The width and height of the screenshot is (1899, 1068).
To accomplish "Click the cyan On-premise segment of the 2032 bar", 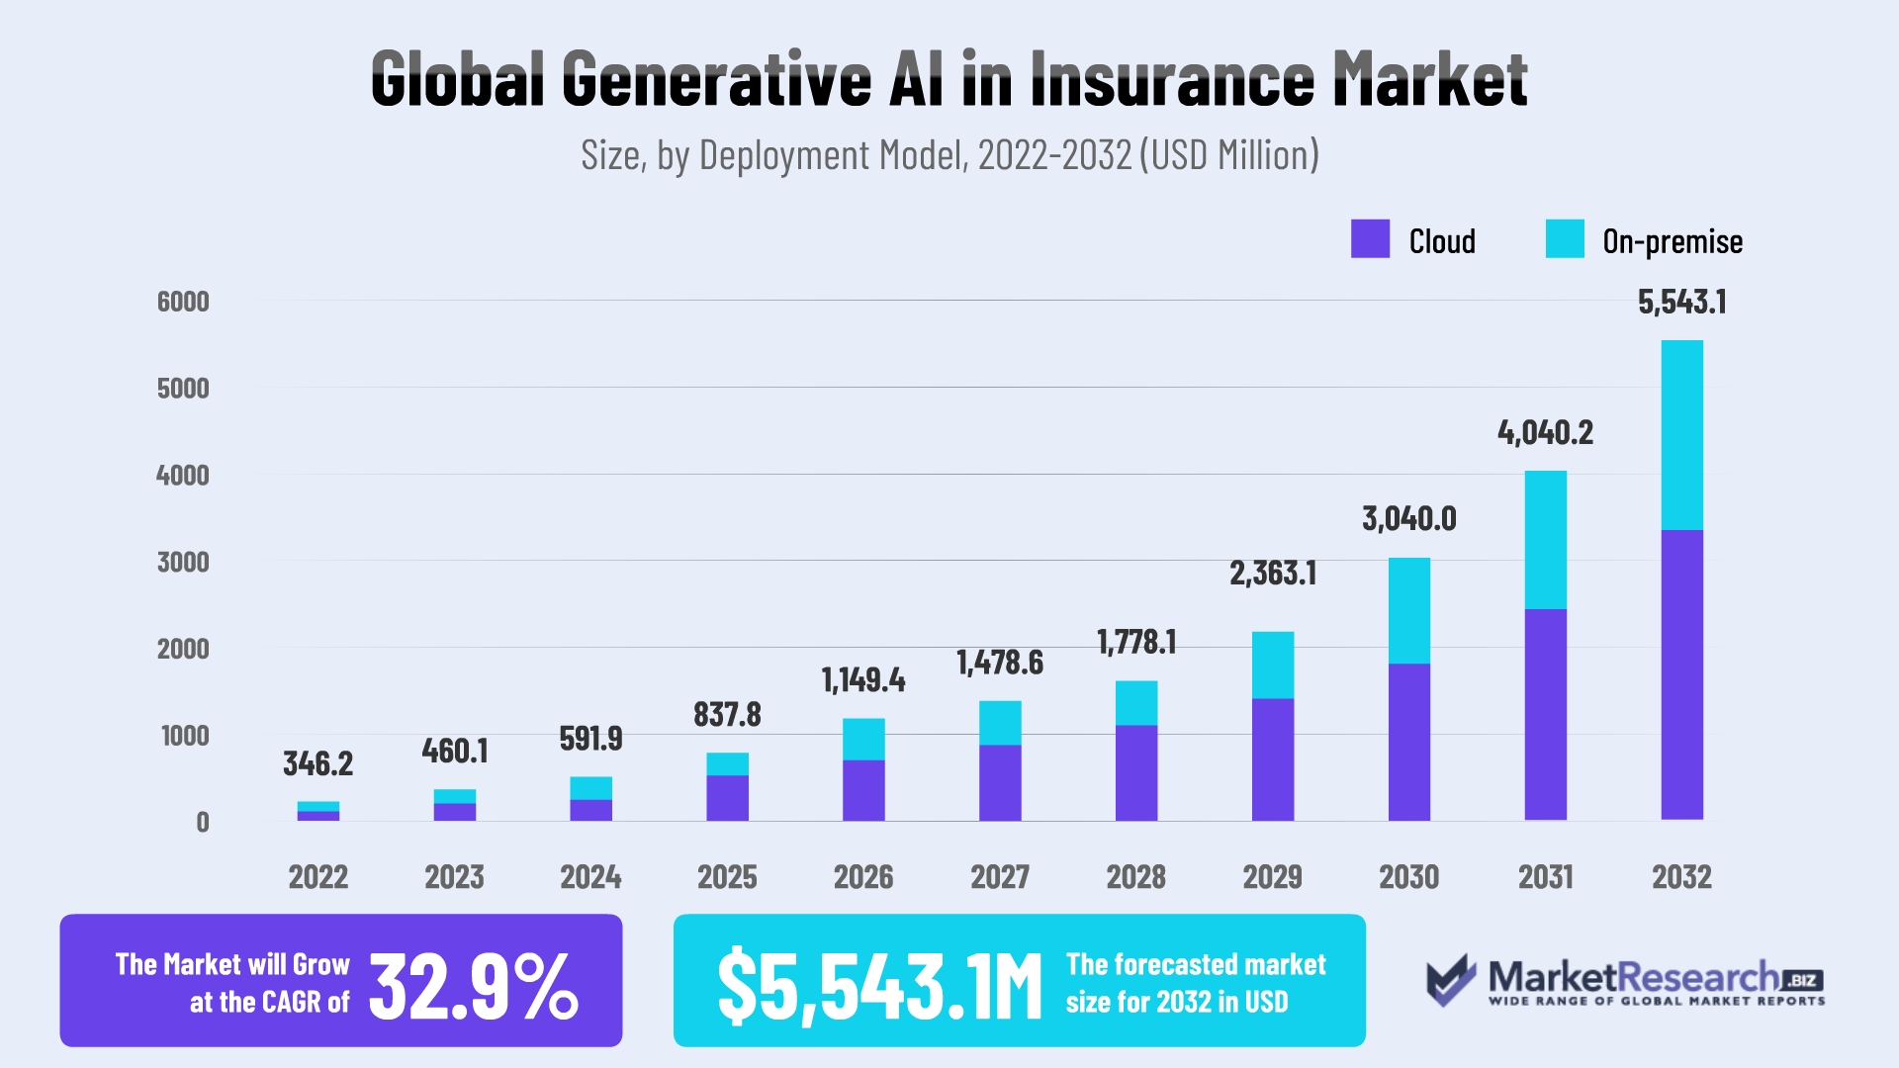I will (1681, 435).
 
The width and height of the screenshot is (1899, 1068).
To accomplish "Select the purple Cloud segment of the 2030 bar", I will (1408, 742).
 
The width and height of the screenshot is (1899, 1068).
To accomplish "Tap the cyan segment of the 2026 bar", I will (863, 739).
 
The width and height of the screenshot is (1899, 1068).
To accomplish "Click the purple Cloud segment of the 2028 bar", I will (1135, 772).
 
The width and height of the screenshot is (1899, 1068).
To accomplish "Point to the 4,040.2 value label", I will (1545, 432).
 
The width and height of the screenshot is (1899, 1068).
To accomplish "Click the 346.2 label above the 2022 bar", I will (317, 763).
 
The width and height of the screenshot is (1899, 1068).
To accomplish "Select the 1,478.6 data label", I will (999, 663).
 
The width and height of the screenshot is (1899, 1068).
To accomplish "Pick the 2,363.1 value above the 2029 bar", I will (1272, 574).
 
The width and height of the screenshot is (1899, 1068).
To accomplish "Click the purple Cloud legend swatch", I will (1370, 239).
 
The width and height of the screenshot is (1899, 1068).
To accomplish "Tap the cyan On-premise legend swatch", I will (1565, 239).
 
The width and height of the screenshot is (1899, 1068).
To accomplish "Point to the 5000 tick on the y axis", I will (183, 388).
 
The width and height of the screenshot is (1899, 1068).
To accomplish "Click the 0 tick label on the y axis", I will (202, 822).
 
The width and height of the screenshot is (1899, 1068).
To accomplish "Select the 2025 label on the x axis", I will (727, 877).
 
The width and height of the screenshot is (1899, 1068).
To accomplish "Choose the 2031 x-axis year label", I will (1545, 877).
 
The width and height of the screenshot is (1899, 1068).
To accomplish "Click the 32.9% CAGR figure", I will (473, 985).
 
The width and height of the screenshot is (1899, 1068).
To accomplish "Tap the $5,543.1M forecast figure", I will (879, 985).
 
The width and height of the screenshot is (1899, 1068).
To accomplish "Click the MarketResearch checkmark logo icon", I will (1450, 979).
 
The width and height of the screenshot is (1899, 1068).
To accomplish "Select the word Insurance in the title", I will (1171, 79).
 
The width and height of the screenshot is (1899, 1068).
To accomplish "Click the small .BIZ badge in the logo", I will (1802, 980).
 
